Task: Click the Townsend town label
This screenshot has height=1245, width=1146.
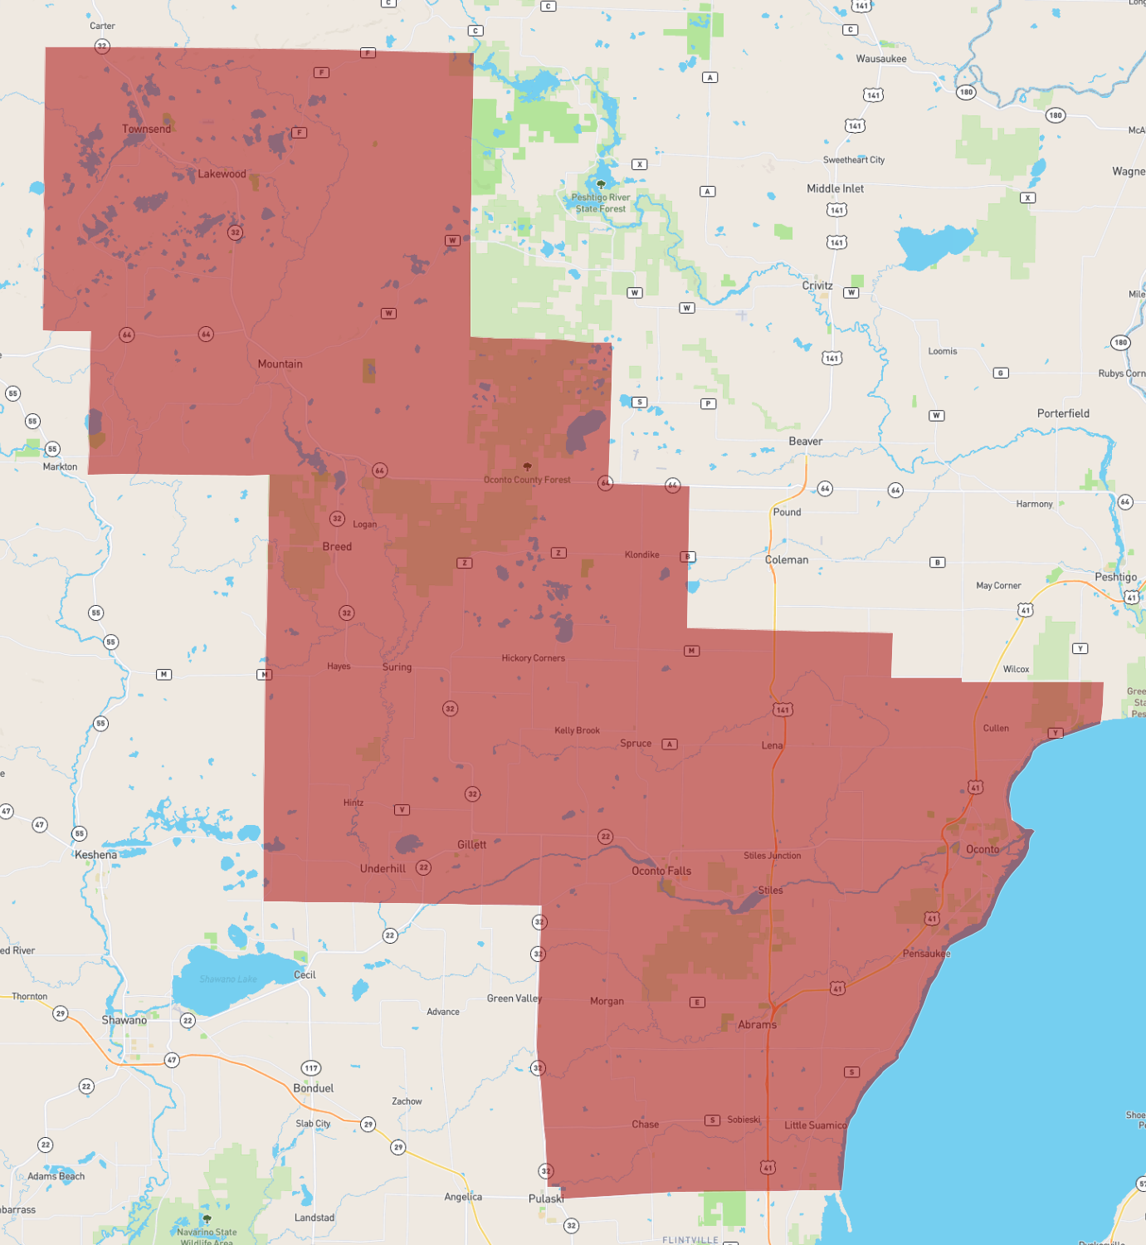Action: pyautogui.click(x=146, y=129)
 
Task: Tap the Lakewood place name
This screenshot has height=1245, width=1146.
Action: pyautogui.click(x=222, y=173)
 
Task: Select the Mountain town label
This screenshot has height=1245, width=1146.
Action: pyautogui.click(x=280, y=364)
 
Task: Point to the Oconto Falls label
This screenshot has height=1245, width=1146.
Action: pyautogui.click(x=661, y=871)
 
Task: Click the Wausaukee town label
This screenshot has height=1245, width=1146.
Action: pyautogui.click(x=880, y=59)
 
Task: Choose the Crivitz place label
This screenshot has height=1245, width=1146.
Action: pyautogui.click(x=817, y=286)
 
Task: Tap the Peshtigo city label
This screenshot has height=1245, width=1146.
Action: pyautogui.click(x=1115, y=577)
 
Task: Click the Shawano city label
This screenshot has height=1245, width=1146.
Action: pyautogui.click(x=124, y=1020)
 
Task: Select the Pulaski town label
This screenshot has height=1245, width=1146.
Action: pyautogui.click(x=546, y=1199)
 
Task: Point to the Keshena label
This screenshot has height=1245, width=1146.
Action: pyautogui.click(x=95, y=855)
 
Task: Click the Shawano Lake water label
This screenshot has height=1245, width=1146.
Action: pyautogui.click(x=228, y=979)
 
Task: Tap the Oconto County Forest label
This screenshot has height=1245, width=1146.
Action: pyautogui.click(x=527, y=480)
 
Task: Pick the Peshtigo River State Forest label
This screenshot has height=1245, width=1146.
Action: pyautogui.click(x=601, y=203)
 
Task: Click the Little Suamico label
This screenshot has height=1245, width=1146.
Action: pyautogui.click(x=816, y=1125)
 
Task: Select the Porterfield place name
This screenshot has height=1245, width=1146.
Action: pyautogui.click(x=1063, y=413)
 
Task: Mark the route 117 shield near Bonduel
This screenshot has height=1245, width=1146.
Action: pyautogui.click(x=311, y=1068)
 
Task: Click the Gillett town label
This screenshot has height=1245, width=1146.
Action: pyautogui.click(x=471, y=845)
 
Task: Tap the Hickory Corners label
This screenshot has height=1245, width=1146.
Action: pyautogui.click(x=533, y=658)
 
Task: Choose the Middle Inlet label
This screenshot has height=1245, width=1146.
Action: pyautogui.click(x=835, y=188)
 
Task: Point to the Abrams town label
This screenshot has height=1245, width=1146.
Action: pyautogui.click(x=757, y=1025)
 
